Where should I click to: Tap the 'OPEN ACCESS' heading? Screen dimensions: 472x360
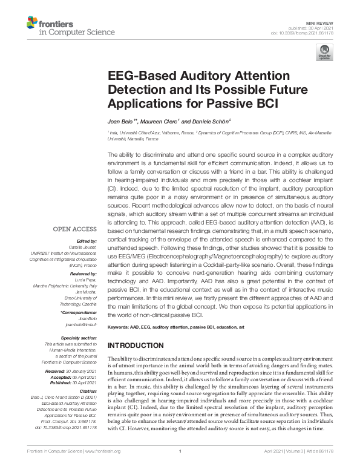tap(74, 229)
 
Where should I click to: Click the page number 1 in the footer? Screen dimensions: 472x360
tap(180, 468)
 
